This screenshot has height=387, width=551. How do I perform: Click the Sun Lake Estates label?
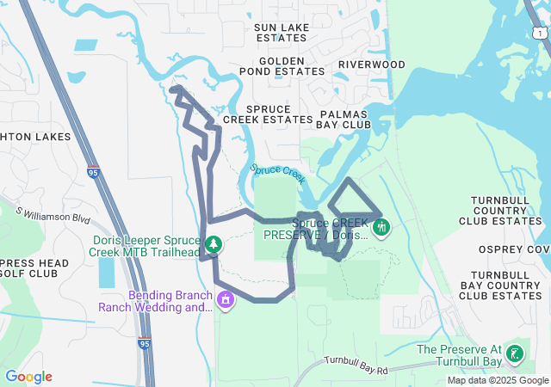281,33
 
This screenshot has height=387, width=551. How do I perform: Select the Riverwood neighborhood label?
371,64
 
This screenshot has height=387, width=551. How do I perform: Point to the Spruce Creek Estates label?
267,114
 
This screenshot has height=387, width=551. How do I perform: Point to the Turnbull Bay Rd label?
356,364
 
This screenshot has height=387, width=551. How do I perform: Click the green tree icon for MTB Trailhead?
213,246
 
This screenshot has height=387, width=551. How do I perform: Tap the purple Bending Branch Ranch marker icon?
226,300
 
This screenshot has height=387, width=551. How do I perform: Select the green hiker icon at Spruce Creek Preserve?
382,228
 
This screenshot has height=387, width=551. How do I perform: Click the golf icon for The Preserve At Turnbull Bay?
515,353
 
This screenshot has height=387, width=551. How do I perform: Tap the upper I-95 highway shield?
92,172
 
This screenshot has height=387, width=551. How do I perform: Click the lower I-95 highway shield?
144,344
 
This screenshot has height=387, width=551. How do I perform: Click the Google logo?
28,377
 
